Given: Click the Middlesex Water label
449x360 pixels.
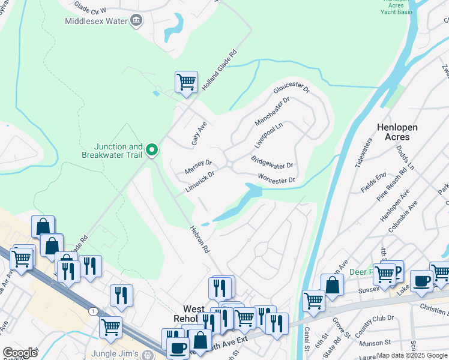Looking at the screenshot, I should click(x=97, y=22).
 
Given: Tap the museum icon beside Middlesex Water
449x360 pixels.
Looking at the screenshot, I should click(x=136, y=22).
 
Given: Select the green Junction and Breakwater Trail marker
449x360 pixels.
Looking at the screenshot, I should click(x=152, y=150).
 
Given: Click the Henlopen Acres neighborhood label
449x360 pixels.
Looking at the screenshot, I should click(x=402, y=132).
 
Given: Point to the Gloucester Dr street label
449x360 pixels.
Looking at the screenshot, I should click(x=291, y=89).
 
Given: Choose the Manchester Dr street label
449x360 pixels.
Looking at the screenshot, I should click(x=272, y=112).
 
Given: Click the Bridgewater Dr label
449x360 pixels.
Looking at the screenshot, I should click(x=271, y=162).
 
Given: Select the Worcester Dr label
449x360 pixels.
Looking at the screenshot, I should click(x=277, y=179).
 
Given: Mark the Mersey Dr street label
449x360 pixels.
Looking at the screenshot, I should click(x=198, y=167).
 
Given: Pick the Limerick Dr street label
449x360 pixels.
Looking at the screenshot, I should click(x=200, y=179).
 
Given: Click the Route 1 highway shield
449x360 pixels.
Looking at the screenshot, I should click(x=93, y=311).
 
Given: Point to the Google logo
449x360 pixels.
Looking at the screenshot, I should click(x=20, y=353).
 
